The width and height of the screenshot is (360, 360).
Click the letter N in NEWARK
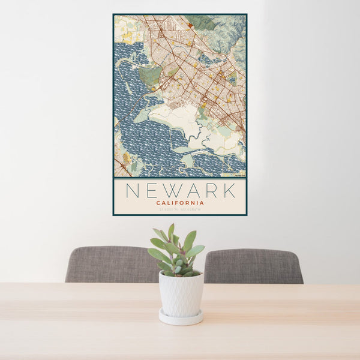click(131, 191)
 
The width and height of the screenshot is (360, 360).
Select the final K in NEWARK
click(229, 191)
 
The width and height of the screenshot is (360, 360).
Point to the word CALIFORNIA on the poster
click(180, 203)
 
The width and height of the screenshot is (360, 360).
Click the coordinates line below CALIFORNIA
click(180, 209)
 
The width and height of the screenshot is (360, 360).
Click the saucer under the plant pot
click(181, 317)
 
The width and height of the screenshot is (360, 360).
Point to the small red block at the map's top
click(190, 25)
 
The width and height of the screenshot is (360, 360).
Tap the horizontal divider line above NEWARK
click(180, 178)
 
